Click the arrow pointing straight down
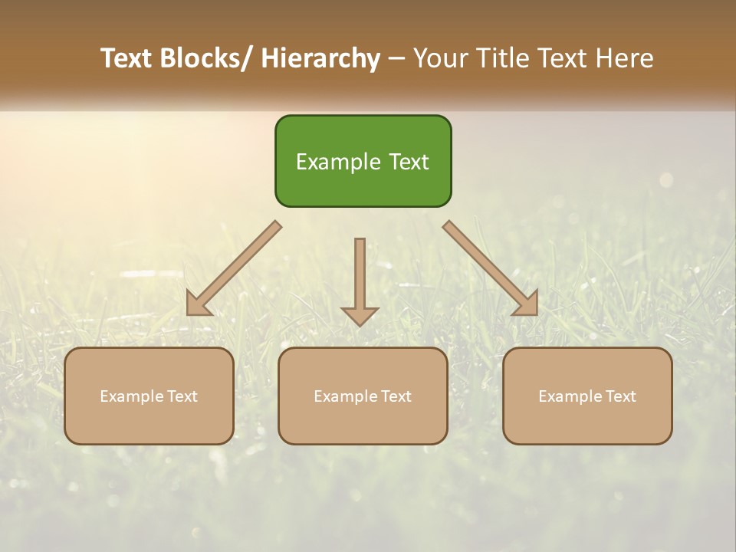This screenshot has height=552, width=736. coord(360,281)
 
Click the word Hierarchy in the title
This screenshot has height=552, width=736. coord(320,58)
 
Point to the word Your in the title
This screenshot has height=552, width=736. coord(439,58)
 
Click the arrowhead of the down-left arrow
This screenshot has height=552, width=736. coord(198,304)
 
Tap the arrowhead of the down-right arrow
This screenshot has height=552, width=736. coord(527,304)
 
